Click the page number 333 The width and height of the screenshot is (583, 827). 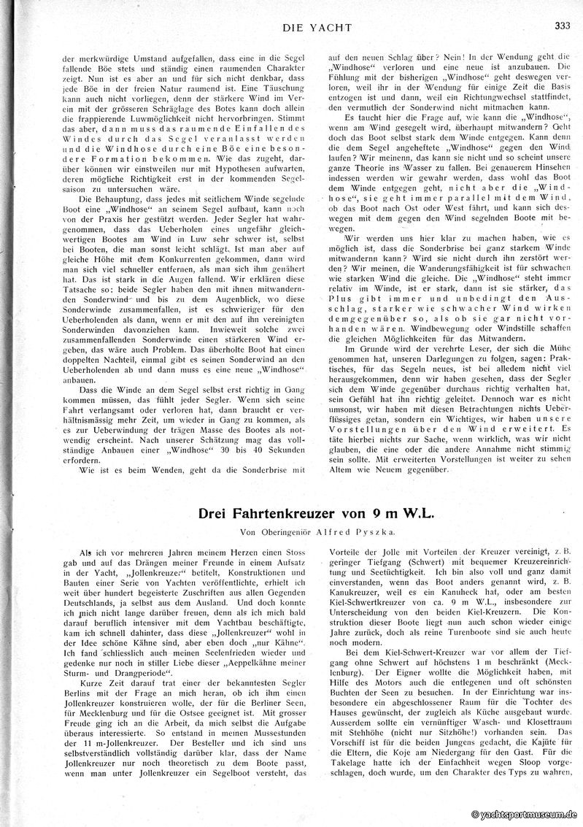point(561,26)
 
